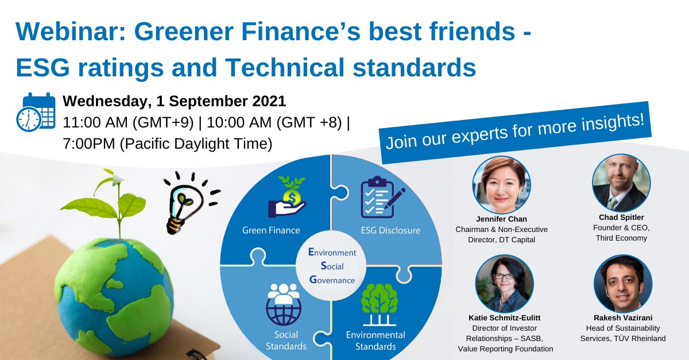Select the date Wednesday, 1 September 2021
coord(174,101)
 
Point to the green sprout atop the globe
coord(115,198)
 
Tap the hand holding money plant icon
coord(287,199)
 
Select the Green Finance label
coord(271,230)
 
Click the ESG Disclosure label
coord(390,230)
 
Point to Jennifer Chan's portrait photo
coord(501,185)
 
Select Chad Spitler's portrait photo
coord(621,183)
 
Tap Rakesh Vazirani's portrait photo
coord(623,283)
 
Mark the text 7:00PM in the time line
coord(90,144)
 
